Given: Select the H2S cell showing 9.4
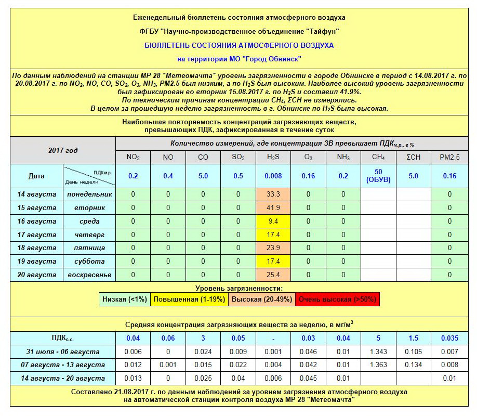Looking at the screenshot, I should coord(273,221).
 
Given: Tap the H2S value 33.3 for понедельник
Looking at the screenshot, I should coord(273,194).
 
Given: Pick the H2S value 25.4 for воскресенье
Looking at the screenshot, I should coord(273,275).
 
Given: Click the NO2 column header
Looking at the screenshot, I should coord(133,157).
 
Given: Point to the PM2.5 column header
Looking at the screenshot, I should coord(449,157).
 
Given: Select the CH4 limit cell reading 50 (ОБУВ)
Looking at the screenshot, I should coord(378,176).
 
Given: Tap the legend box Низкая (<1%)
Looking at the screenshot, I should coord(125,300).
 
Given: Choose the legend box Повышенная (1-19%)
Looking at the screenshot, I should coord(189,300).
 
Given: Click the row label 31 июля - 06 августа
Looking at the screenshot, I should coord(63,352).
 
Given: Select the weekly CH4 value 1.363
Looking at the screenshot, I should coord(378,365).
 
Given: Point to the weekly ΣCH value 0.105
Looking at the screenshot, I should coord(414,352).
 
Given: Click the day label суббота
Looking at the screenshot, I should coord(89,262).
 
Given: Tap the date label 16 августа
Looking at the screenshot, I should coord(36,221).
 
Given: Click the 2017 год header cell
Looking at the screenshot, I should coord(63,150).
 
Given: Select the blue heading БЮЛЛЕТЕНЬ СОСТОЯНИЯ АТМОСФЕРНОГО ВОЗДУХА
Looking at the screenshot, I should coord(239,45).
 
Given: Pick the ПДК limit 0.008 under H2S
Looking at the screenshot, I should coord(273,176).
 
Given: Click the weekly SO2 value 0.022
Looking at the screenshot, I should coord(238,365).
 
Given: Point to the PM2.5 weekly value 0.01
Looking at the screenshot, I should coord(449,379).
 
